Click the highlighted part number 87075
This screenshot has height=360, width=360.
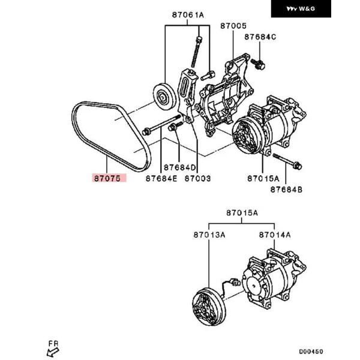point(107,178)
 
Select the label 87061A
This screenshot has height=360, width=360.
point(188,15)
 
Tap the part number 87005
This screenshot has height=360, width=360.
point(233,26)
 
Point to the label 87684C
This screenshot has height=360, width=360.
point(260,37)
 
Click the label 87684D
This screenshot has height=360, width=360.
point(180,167)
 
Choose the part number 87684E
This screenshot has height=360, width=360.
point(161,178)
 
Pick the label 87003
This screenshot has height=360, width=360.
point(197,178)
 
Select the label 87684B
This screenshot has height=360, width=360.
point(286,190)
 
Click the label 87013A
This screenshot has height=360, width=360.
point(209,235)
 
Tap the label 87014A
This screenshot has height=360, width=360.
point(275,235)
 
